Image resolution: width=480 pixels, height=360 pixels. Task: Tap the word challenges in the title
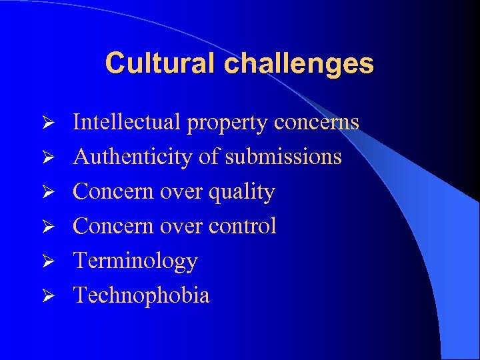tap(299, 64)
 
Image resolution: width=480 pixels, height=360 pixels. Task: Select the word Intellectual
tap(127, 122)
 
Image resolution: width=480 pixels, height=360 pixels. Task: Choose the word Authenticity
tap(134, 157)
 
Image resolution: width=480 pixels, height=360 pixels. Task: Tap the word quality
tap(241, 193)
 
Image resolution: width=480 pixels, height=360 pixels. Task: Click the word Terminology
tap(135, 261)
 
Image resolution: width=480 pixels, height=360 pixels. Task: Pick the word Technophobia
tap(141, 295)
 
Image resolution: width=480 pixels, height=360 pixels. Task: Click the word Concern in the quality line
tap(108, 192)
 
